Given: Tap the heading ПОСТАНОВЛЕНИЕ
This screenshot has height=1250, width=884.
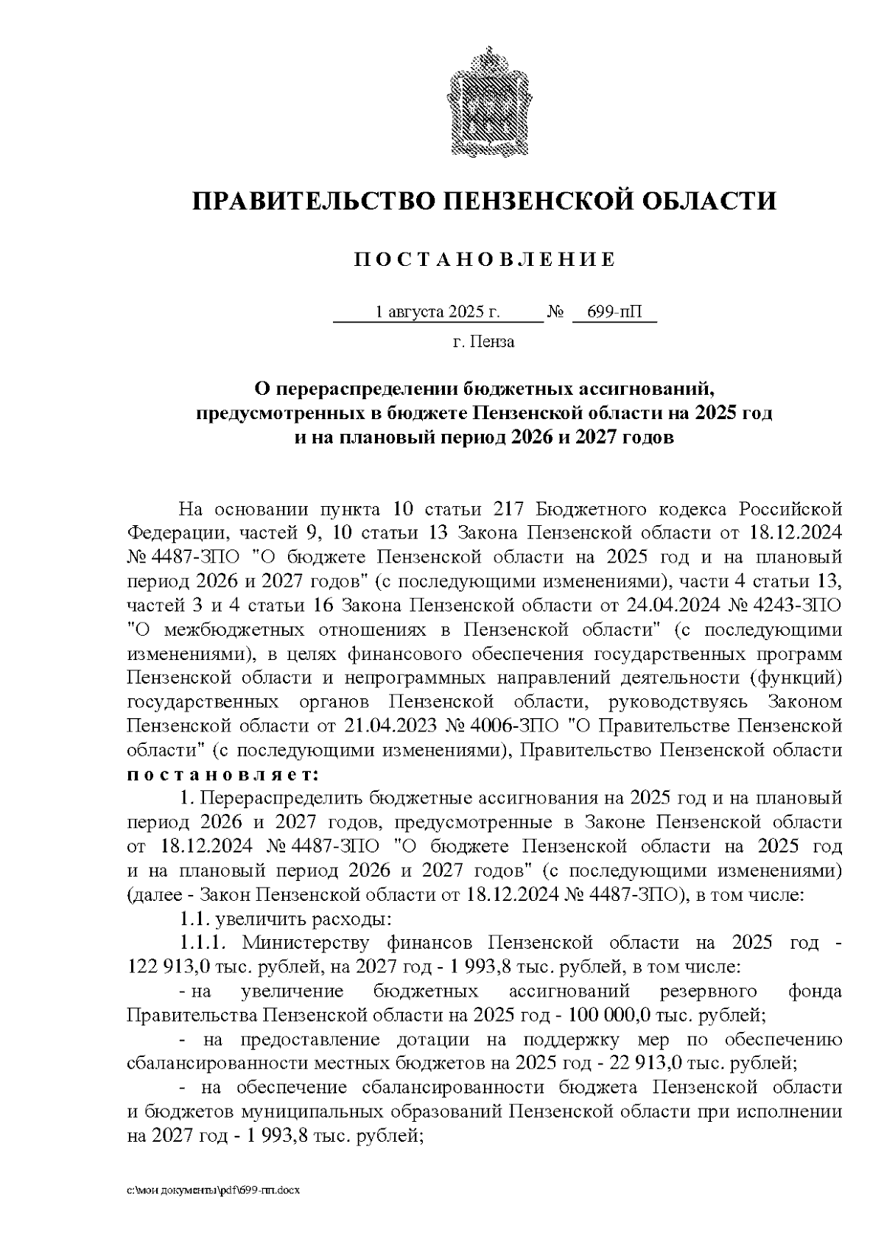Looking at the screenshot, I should [x=484, y=259].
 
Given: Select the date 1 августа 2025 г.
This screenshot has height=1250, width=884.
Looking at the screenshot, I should [x=438, y=312].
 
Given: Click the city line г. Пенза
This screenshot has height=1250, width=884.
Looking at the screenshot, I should [x=483, y=342].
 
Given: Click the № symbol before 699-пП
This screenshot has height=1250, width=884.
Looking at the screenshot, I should [x=555, y=312].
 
